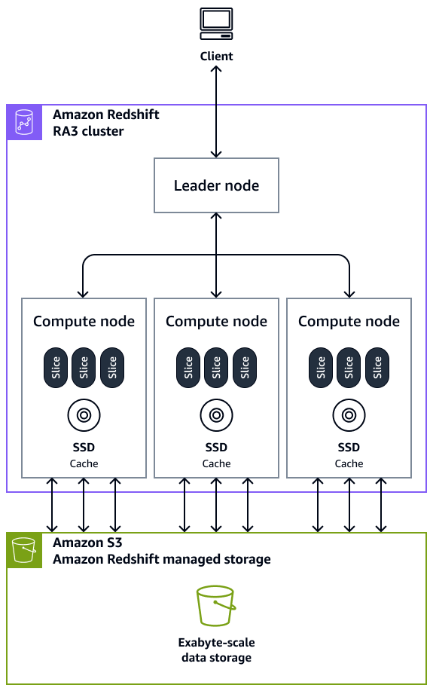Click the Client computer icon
click(x=216, y=23)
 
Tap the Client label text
click(x=216, y=57)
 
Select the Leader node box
click(x=216, y=185)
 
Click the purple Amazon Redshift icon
click(x=26, y=122)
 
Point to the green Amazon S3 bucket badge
click(x=26, y=551)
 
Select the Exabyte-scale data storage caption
click(x=215, y=650)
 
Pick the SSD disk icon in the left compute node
click(x=84, y=414)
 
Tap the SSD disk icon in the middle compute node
click(x=216, y=414)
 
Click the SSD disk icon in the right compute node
click(x=349, y=414)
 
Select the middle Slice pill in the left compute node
click(x=84, y=368)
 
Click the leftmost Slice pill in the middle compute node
click(x=188, y=368)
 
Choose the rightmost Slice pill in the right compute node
click(x=377, y=368)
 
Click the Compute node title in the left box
click(x=84, y=322)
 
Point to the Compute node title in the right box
click(x=349, y=322)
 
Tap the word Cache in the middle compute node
click(x=216, y=463)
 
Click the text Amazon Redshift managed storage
click(x=161, y=559)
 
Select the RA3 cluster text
click(x=88, y=131)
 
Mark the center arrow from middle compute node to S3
click(x=216, y=505)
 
